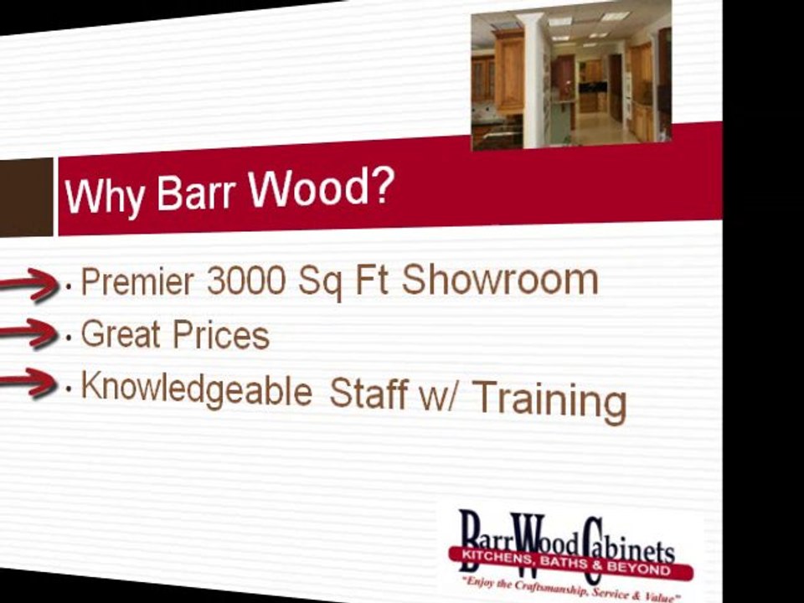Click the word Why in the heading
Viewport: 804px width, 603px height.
(x=104, y=196)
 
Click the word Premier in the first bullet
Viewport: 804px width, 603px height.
(x=137, y=281)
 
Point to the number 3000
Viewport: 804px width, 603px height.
(x=246, y=281)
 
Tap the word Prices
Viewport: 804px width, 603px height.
(x=221, y=335)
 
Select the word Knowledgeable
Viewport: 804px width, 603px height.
(x=196, y=389)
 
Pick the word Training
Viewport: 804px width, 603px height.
(x=549, y=401)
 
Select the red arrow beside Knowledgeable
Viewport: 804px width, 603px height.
(x=28, y=383)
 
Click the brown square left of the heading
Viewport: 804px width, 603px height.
(x=26, y=198)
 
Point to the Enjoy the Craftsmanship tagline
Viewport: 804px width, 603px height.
(x=570, y=589)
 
